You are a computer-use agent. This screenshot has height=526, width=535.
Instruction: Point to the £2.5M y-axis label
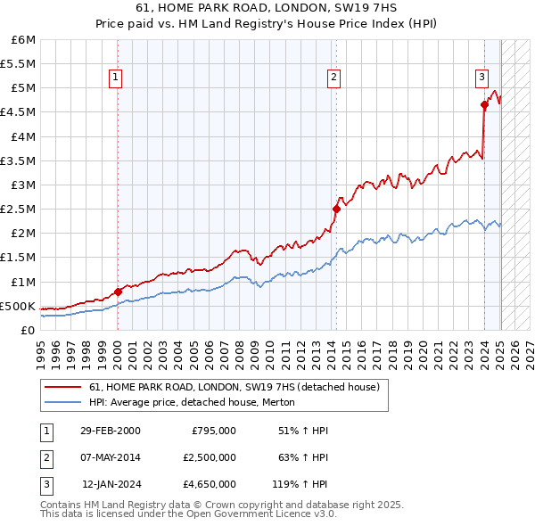point(19,209)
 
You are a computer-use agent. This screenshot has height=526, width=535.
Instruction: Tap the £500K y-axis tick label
point(18,306)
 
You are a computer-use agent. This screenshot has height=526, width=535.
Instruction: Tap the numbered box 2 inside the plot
point(333,78)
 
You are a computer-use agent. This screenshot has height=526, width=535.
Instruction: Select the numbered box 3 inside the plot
point(481,78)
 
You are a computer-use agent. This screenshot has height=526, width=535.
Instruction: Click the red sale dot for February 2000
point(118,292)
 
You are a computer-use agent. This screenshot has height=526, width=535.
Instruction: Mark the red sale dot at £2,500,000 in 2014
point(336,209)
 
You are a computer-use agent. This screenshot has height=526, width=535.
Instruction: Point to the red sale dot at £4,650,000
point(484,105)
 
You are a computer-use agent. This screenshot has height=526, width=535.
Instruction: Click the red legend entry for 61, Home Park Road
point(235,387)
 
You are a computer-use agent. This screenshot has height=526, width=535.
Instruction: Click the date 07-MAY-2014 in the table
point(110,458)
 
